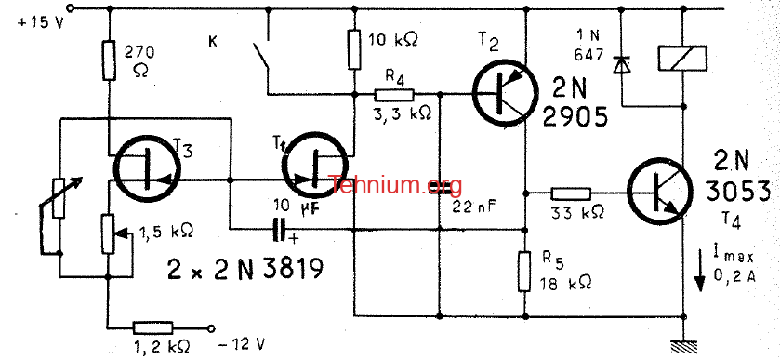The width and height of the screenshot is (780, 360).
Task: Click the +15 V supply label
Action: click(41, 23)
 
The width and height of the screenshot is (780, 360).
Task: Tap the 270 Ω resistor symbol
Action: click(110, 60)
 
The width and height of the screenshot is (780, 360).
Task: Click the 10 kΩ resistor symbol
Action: click(353, 48)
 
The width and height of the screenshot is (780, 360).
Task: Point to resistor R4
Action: click(394, 94)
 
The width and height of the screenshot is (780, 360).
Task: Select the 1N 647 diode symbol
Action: click(621, 65)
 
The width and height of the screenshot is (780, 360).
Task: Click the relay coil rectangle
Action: click(682, 59)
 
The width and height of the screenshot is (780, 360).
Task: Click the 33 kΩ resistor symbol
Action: click(571, 193)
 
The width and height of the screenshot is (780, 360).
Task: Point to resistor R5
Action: click(524, 272)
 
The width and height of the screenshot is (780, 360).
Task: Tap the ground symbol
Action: click(683, 345)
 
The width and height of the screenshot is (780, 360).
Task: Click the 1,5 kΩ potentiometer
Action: click(107, 233)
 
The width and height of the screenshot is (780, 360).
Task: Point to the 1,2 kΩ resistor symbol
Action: click(153, 327)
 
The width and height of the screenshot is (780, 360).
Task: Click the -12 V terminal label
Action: click(242, 343)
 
